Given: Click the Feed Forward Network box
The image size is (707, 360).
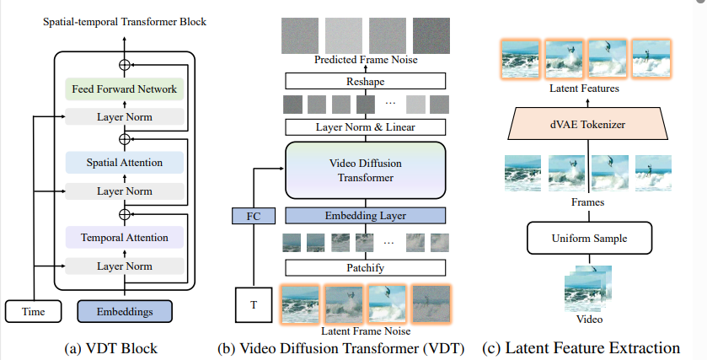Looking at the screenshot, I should (x=124, y=89).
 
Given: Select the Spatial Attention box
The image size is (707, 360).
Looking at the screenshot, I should (x=124, y=162).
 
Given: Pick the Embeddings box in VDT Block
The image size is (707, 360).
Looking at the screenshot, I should (x=124, y=312).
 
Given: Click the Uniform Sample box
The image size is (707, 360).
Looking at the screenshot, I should (x=589, y=239).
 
